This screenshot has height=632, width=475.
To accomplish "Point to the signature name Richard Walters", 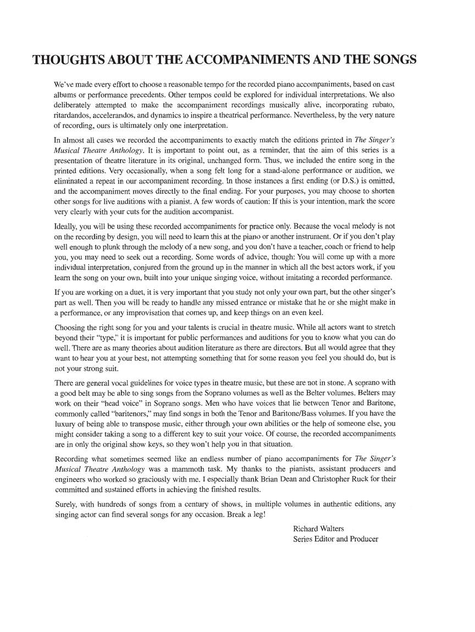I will (x=318, y=528).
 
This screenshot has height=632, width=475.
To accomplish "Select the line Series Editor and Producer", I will (x=335, y=539).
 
